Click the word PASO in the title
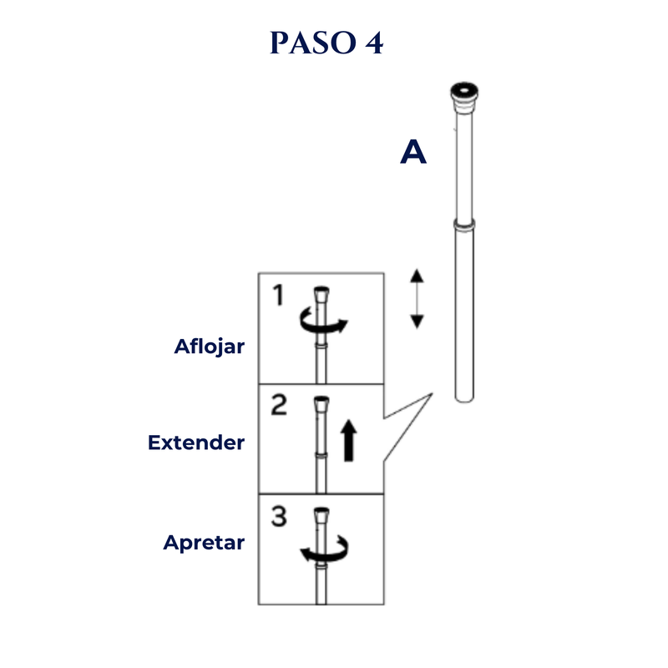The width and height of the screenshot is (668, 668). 312,43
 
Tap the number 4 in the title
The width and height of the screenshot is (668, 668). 374,43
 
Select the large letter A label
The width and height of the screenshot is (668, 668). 413,152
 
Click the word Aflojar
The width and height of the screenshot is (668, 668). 210,347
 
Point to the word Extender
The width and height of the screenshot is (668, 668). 196,443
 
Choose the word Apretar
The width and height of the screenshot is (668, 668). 204,543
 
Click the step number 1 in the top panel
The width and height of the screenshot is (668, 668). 278,295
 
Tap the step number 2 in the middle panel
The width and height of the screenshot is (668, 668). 279,405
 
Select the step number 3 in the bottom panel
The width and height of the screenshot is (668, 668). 279,516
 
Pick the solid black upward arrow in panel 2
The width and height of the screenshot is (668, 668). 348,441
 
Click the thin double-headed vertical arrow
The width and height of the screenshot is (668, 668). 417,299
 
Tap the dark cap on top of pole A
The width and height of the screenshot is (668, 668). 464,93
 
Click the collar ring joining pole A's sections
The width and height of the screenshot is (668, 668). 464,225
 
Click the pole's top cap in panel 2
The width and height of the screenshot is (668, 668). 321,404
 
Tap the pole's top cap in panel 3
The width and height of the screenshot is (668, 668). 321,514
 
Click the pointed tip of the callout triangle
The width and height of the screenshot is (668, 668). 432,394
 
